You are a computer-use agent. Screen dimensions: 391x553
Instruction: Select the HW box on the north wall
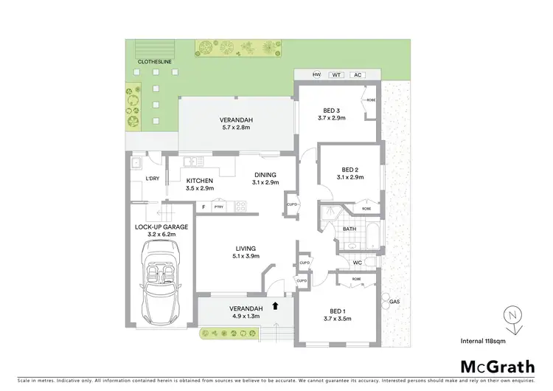pos(317,75)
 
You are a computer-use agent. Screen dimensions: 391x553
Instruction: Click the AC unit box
pos(358,75)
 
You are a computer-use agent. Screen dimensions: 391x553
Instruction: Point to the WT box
pos(336,75)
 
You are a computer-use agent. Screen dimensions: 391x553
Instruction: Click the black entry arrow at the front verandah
pos(276,304)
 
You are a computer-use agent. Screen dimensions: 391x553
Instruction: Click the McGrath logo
pos(498,367)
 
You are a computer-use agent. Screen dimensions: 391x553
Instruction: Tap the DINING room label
pos(265,174)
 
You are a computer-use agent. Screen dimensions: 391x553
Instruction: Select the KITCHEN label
pos(200,181)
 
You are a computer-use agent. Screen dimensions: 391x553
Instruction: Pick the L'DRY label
pos(153,179)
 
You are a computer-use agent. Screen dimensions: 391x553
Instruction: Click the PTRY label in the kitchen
pos(218,207)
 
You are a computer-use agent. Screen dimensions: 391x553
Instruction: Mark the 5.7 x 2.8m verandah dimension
pos(237,128)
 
